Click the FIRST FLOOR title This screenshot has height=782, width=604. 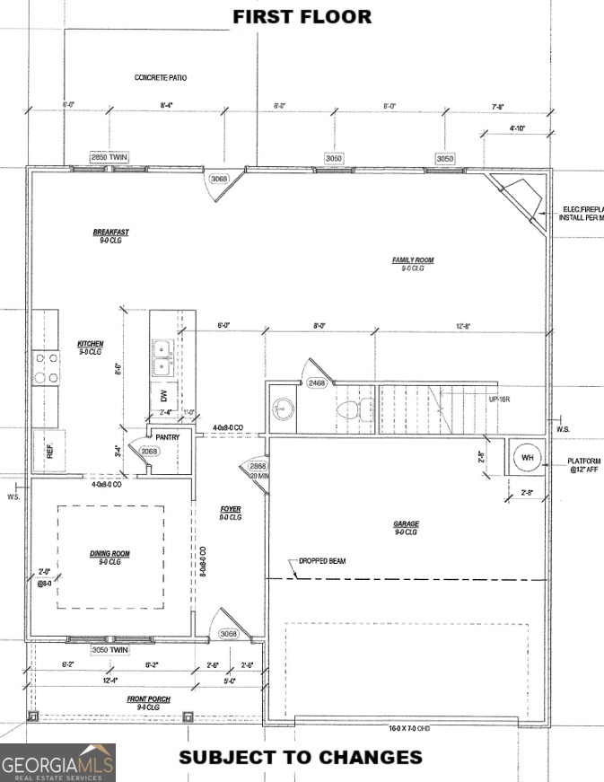(x=302, y=16)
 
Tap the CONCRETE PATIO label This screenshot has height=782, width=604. (x=161, y=78)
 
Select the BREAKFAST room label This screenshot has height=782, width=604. (x=110, y=233)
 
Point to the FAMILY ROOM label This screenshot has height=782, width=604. (x=412, y=261)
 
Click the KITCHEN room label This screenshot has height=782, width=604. (x=90, y=345)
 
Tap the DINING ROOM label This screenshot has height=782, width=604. (x=109, y=554)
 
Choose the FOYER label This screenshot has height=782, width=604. (x=231, y=510)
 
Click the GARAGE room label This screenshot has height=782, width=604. (x=406, y=524)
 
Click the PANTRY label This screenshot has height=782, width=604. (x=168, y=437)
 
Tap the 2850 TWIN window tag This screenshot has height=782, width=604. (x=109, y=158)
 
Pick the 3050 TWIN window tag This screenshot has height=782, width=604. (x=109, y=649)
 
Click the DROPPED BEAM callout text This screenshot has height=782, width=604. (x=321, y=561)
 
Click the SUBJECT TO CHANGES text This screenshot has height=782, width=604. (x=301, y=757)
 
